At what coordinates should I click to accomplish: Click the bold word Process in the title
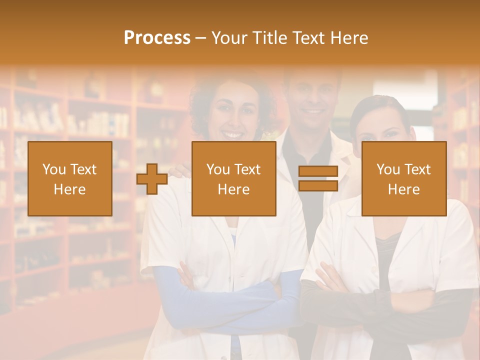point(157,38)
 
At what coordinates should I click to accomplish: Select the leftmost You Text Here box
point(69,178)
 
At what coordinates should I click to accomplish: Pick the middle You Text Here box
point(233,178)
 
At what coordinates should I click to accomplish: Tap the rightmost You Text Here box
point(403,178)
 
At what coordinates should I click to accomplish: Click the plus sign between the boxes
point(152,179)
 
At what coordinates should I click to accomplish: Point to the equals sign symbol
point(318,178)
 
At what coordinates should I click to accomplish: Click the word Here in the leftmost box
point(69,189)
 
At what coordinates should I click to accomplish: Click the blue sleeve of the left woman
point(225,305)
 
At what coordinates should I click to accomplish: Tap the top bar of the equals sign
point(318,171)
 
